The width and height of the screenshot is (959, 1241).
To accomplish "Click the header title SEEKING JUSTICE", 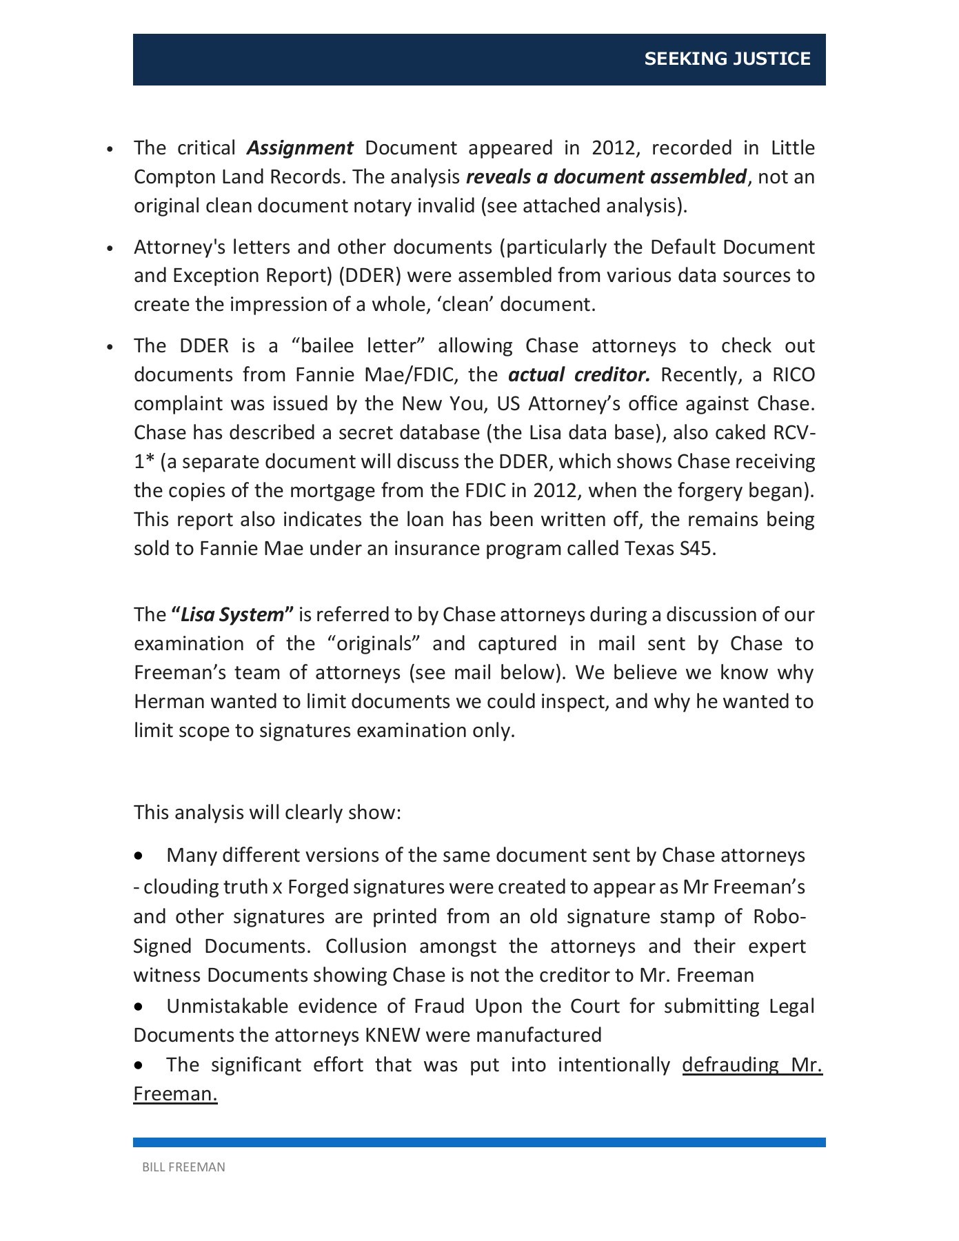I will click(727, 59).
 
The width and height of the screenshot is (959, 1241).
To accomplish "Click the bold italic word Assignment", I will click(300, 148).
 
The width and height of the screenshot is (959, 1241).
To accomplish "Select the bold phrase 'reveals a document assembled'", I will click(606, 177).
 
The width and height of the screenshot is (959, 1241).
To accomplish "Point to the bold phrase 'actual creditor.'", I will click(579, 375).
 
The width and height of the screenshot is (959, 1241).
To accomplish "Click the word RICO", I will click(793, 375).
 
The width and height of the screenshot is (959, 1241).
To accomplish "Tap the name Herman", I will click(169, 702).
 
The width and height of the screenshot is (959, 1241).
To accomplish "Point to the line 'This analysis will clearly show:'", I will click(267, 813).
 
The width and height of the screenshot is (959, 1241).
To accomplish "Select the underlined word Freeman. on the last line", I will click(175, 1094).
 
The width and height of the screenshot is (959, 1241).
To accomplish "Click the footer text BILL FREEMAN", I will click(183, 1167).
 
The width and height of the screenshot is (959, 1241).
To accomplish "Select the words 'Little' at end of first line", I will click(792, 148).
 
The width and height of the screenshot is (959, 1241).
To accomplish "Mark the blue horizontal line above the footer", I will click(479, 1142).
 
